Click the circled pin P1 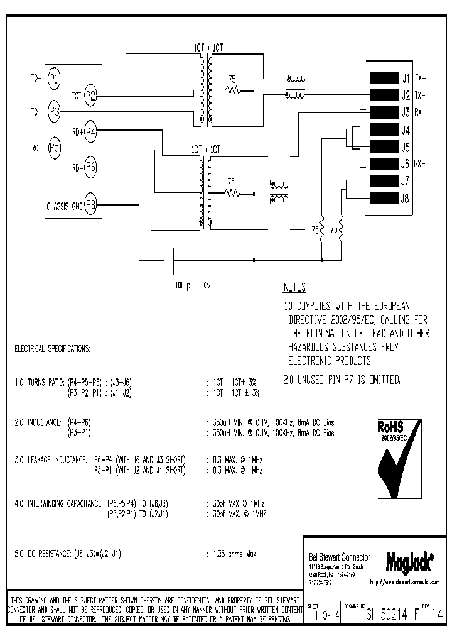pyautogui.click(x=55, y=79)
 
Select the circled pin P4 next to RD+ pyautogui.click(x=91, y=131)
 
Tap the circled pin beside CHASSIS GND pyautogui.click(x=91, y=205)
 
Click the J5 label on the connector pyautogui.click(x=405, y=148)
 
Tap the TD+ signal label pyautogui.click(x=35, y=79)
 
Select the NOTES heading pyautogui.click(x=294, y=288)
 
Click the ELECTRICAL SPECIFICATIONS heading pyautogui.click(x=52, y=348)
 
